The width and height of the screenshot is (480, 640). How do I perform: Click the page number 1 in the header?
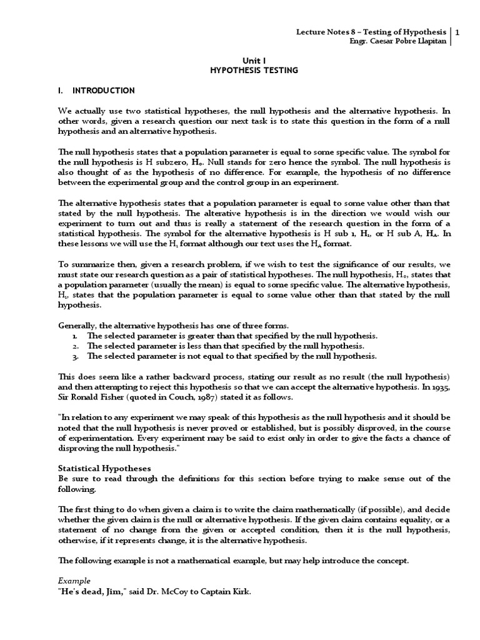pyautogui.click(x=458, y=32)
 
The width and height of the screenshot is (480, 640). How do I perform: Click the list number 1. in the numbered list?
pyautogui.click(x=75, y=336)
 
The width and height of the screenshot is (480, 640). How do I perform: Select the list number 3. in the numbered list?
pyautogui.click(x=75, y=356)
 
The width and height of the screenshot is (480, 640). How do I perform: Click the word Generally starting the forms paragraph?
pyautogui.click(x=77, y=326)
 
